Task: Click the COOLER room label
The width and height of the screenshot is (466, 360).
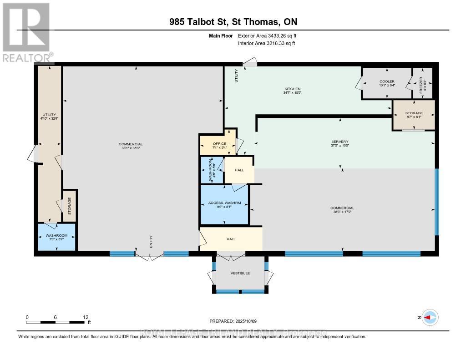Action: [x=386, y=81]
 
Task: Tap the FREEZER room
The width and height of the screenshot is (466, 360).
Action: [x=422, y=83]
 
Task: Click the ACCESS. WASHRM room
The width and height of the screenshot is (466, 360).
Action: [x=225, y=205]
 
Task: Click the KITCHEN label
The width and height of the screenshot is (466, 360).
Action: [x=292, y=89]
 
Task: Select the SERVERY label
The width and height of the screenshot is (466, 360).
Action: [x=339, y=142]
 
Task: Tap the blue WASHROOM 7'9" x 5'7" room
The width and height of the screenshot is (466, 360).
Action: [x=56, y=237]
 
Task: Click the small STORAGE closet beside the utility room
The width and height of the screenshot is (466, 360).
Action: [x=70, y=206]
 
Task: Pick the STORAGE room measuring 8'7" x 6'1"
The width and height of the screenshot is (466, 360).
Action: [x=414, y=115]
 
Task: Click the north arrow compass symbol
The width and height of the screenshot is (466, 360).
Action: [x=430, y=317]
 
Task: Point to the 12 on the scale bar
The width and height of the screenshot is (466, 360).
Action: [x=85, y=317]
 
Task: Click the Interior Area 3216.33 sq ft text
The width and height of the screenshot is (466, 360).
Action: [x=267, y=43]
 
